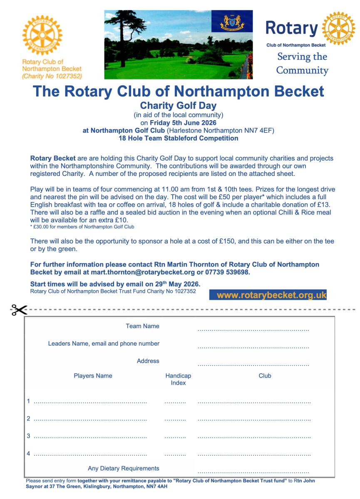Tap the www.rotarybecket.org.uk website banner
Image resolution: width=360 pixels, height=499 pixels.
tap(272, 295)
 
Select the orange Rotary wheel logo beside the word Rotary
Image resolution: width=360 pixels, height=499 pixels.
tap(338, 28)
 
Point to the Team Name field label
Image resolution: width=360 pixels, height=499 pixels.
tap(142, 326)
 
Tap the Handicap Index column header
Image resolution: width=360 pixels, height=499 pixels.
tap(178, 379)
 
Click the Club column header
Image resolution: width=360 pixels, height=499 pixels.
tap(265, 375)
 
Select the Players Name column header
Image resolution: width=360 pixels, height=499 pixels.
tap(93, 375)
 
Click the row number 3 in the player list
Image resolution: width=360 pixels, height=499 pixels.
tap(29, 436)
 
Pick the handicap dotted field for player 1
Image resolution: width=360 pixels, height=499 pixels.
tap(175, 403)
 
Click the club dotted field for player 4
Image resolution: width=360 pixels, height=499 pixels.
tap(254, 455)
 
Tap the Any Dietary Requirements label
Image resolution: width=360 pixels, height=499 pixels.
tap(124, 468)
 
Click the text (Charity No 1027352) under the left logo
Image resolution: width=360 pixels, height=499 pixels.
tap(52, 76)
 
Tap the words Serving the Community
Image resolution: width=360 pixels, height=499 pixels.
tap(302, 63)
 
